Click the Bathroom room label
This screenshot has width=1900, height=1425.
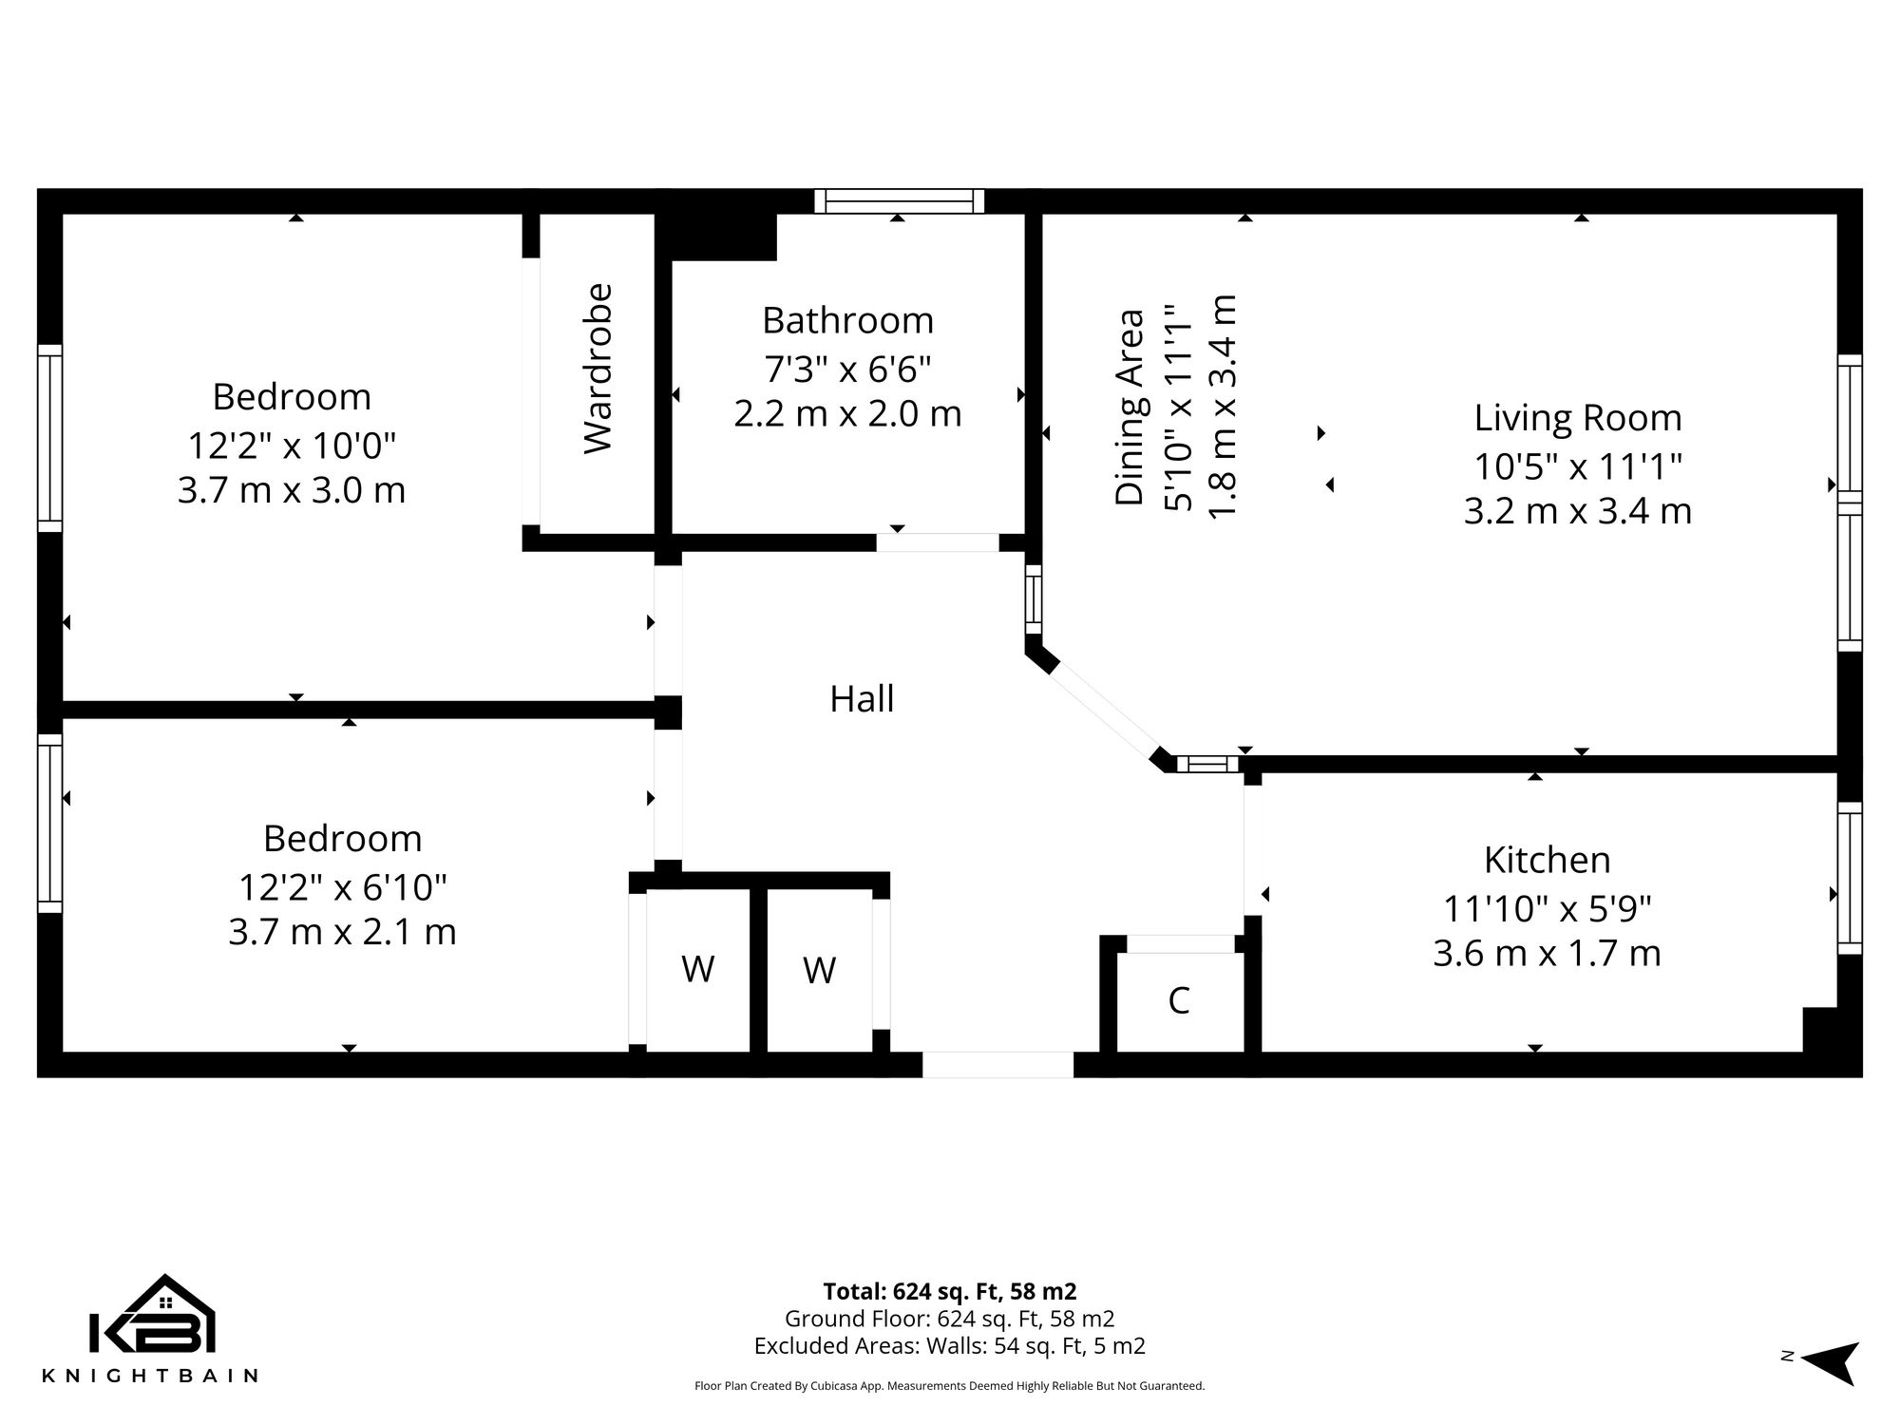[x=847, y=321]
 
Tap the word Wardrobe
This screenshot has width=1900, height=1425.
[x=598, y=369]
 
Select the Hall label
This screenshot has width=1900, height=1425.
[x=862, y=699]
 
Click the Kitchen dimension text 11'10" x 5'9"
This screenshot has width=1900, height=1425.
[x=1547, y=909]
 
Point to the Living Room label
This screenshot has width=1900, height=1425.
[x=1577, y=418]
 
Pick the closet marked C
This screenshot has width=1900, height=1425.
[x=1179, y=1000]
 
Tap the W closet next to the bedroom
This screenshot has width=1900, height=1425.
[x=698, y=970]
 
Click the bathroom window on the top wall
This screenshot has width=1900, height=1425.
[x=899, y=200]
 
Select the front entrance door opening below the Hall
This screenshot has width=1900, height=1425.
[x=997, y=1064]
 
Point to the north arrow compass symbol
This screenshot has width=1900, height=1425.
[x=1829, y=1363]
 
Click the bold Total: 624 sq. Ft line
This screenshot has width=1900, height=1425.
[x=949, y=1291]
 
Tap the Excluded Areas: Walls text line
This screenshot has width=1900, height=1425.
[x=949, y=1346]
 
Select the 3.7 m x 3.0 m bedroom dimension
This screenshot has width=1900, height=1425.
[x=292, y=490]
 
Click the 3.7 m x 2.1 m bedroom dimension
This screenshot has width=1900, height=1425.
[x=342, y=932]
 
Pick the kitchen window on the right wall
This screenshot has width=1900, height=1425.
[x=1849, y=878]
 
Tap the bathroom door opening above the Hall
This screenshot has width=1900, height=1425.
[x=937, y=542]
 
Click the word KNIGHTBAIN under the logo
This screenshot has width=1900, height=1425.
[x=150, y=1376]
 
